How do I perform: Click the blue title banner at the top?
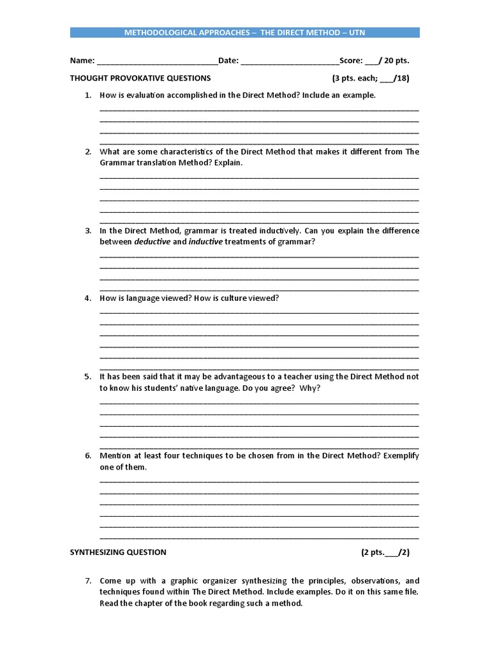pos(244,33)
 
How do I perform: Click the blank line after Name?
pos(157,62)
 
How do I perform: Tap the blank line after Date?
pos(290,62)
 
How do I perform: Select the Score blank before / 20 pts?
pos(371,62)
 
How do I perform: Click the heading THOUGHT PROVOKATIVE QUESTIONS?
pos(140,79)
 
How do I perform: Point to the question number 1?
pos(87,95)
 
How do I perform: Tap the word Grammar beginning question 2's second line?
pos(115,163)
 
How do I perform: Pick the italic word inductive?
pos(205,242)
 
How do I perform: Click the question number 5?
pos(87,377)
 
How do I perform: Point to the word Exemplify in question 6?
pos(401,456)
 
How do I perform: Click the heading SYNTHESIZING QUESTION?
pos(117,552)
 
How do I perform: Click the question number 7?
pos(87,581)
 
